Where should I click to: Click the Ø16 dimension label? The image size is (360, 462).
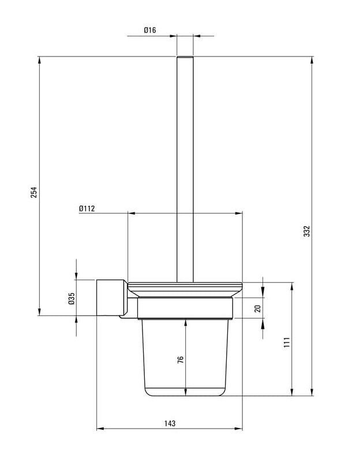(150, 30)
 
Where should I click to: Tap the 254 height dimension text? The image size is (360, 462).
(35, 192)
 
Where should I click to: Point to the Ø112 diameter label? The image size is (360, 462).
(87, 209)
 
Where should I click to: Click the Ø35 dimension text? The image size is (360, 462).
(72, 298)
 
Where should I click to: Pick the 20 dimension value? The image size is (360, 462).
(258, 308)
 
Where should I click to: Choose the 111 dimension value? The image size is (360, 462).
(287, 343)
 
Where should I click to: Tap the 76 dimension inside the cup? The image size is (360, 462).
(181, 359)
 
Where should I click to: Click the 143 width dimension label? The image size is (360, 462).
(170, 423)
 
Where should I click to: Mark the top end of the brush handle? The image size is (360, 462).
(185, 57)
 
